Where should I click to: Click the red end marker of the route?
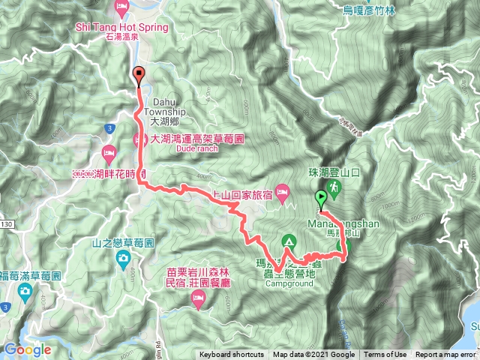click(138, 73)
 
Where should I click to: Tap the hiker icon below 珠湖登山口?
click(331, 188)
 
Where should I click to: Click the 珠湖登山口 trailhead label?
click(337, 172)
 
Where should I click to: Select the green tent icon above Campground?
click(288, 241)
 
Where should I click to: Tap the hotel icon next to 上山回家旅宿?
click(283, 193)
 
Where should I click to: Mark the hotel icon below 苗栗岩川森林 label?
click(199, 300)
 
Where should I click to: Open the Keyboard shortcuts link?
click(232, 355)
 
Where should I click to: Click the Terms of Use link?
click(385, 355)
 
